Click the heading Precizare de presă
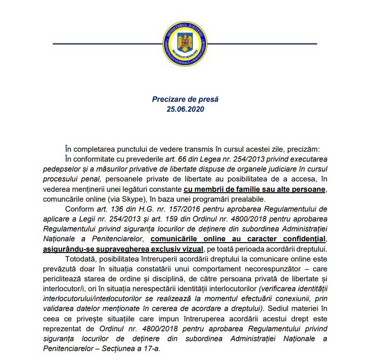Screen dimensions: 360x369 pos(185,99)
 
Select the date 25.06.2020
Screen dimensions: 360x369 pos(185,109)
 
